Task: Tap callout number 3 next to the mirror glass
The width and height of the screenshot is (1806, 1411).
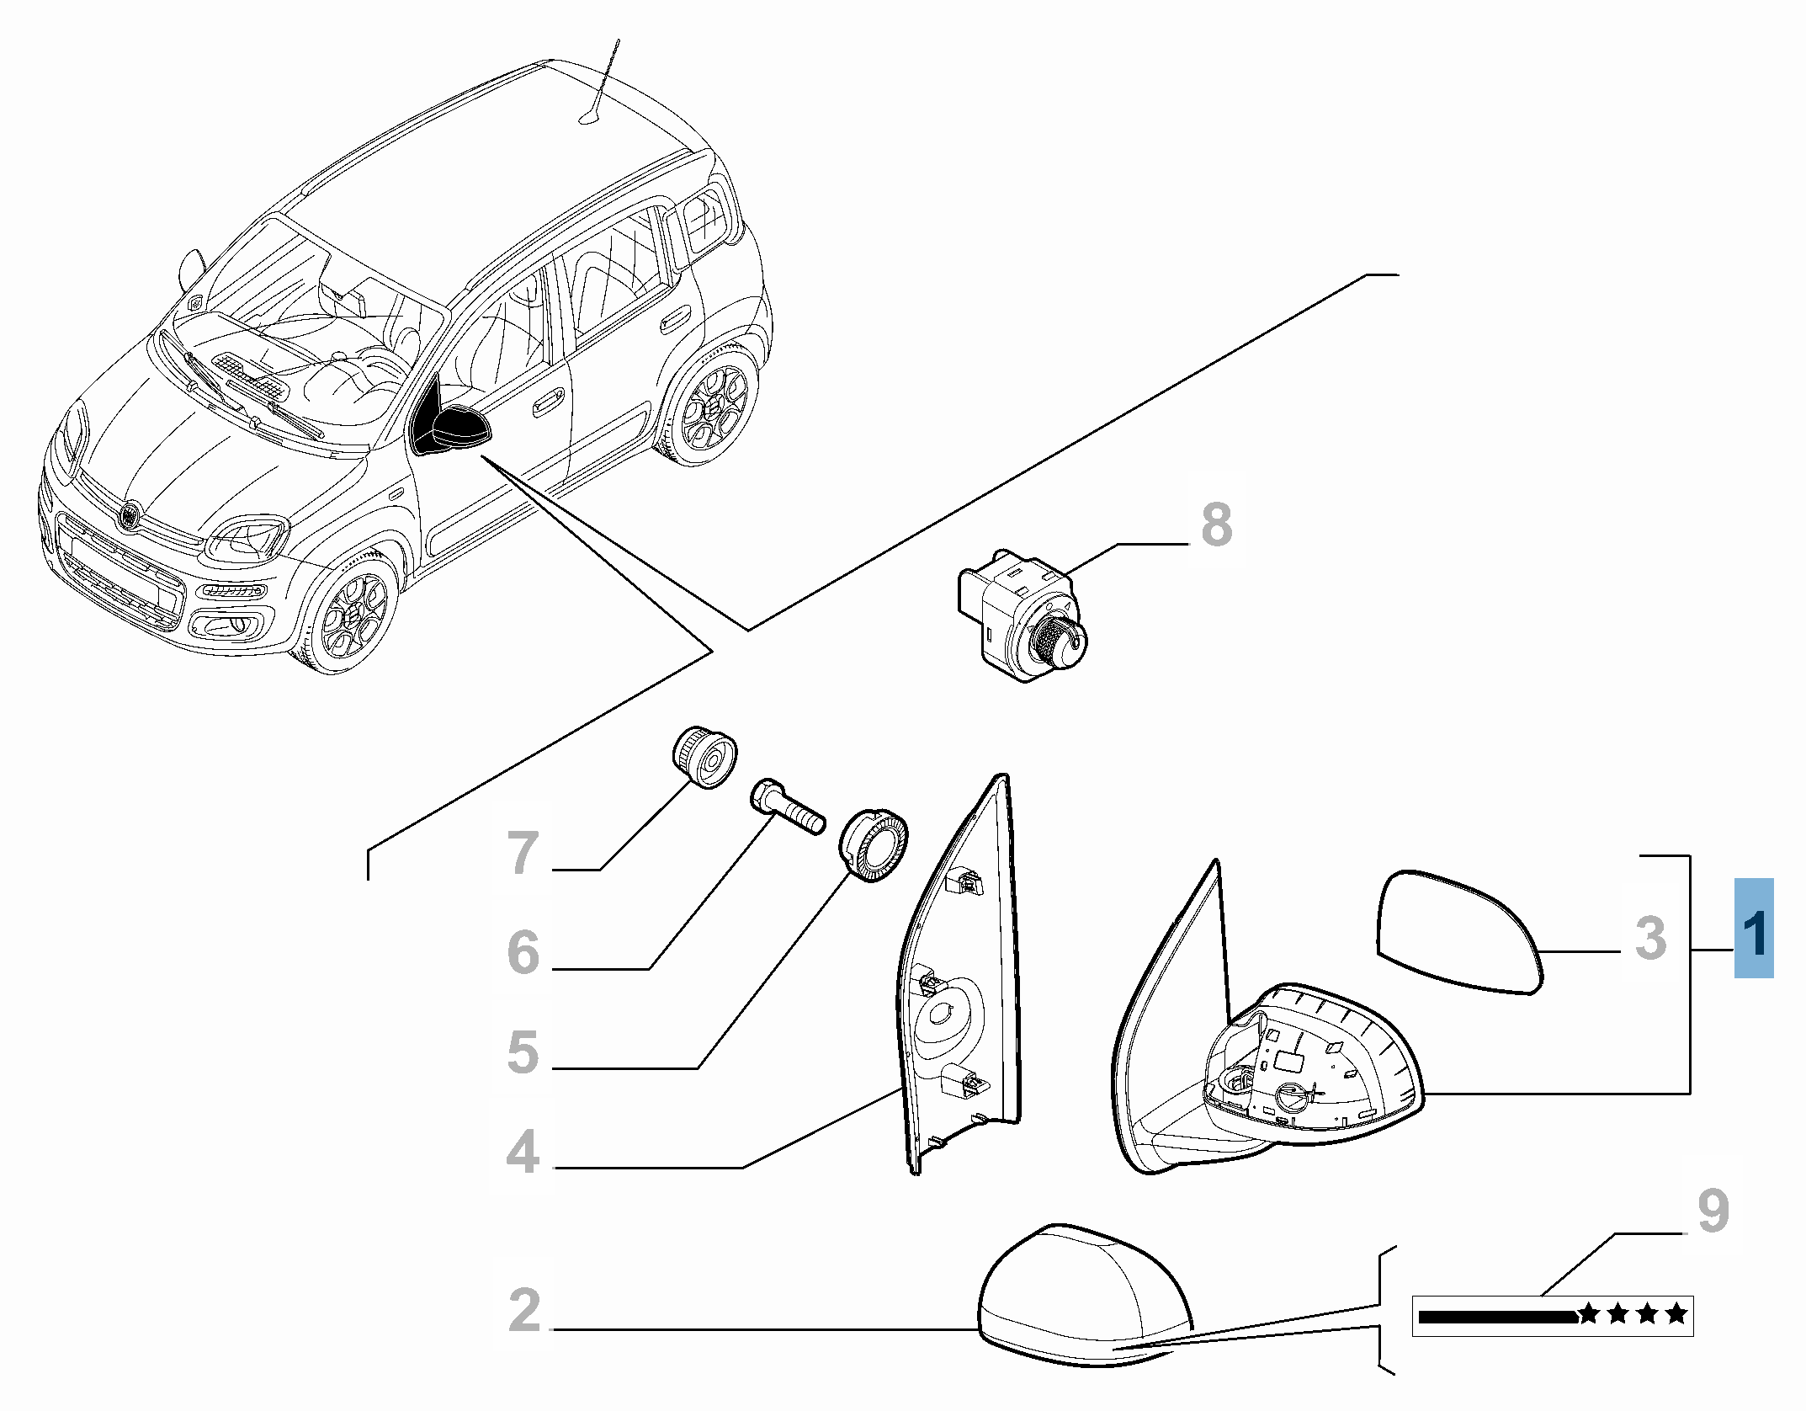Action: [1650, 938]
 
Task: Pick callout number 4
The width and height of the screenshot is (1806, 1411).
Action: [523, 1153]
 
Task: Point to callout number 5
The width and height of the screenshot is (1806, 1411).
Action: [523, 1052]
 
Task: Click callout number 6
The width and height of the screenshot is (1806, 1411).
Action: [523, 952]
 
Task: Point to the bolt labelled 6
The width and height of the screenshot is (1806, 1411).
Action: [786, 807]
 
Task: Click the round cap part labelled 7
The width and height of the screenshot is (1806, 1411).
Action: [705, 757]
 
